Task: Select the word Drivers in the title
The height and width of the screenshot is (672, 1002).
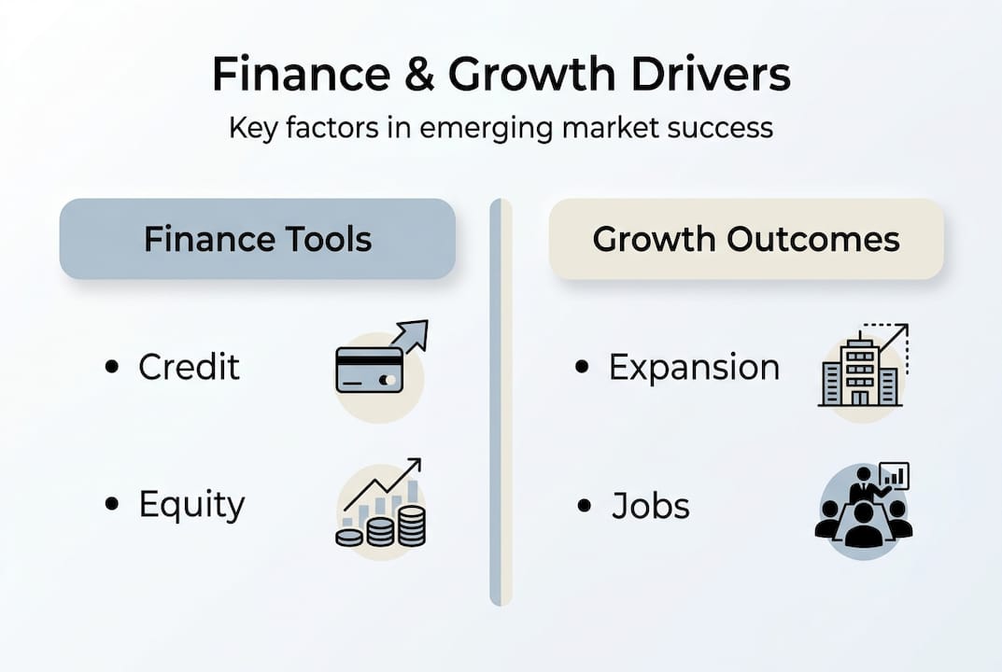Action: pyautogui.click(x=709, y=75)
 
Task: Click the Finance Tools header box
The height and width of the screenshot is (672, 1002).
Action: pyautogui.click(x=258, y=239)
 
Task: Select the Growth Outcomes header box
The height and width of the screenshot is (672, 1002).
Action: pyautogui.click(x=746, y=239)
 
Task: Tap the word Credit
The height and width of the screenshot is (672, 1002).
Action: pyautogui.click(x=189, y=367)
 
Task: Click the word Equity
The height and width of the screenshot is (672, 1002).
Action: pyautogui.click(x=191, y=505)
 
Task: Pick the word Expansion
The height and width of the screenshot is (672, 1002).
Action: pyautogui.click(x=694, y=367)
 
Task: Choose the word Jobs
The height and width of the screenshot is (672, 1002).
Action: pyautogui.click(x=651, y=506)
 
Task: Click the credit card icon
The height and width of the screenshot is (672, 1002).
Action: pyautogui.click(x=369, y=370)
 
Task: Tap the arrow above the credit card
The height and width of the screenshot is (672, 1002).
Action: pyautogui.click(x=412, y=335)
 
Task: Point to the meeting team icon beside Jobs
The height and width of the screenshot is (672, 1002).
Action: pyautogui.click(x=863, y=513)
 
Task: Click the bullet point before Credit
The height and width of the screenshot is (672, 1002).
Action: pyautogui.click(x=112, y=367)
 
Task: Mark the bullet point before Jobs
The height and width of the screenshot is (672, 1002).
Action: pyautogui.click(x=585, y=506)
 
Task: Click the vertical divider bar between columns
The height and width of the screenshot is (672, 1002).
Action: pyautogui.click(x=501, y=401)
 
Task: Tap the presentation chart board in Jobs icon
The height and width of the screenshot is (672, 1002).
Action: pyautogui.click(x=894, y=477)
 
